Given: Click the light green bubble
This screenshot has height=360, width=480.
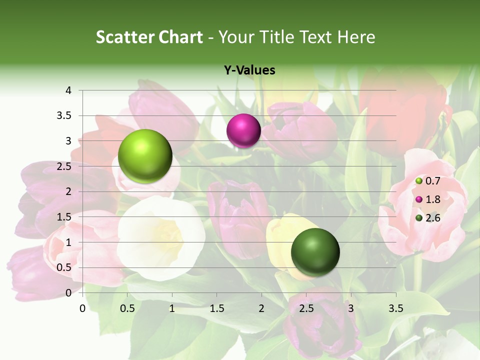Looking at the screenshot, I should click(145, 156).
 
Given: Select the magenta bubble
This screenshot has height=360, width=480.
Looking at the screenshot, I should click(243, 130).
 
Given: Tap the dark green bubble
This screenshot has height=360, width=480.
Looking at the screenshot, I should click(315, 252).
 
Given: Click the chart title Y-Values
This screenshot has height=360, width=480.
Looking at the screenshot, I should click(249, 70).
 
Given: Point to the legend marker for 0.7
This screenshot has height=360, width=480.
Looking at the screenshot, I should click(419, 180).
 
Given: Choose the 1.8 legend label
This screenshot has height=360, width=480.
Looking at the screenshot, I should click(433, 199).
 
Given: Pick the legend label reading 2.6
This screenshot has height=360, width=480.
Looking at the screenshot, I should click(433, 218).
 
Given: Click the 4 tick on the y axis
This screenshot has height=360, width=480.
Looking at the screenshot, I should click(68, 90).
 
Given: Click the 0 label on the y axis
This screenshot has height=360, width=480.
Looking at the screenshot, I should click(68, 293).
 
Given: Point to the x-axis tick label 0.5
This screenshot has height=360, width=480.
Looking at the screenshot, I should click(127, 308).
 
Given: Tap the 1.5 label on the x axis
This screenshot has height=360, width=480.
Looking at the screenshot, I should click(217, 308).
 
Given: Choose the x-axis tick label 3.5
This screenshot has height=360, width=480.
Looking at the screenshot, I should click(395, 308).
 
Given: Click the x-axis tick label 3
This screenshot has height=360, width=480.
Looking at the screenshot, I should click(351, 308).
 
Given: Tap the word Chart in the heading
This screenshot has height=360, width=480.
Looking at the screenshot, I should click(181, 37).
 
